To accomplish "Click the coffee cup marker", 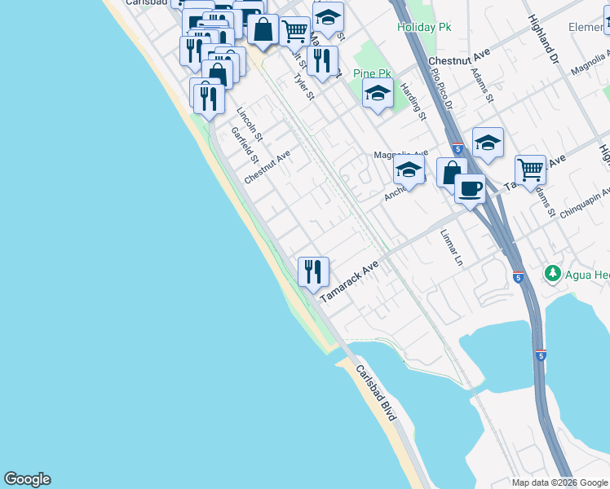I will point(470,189).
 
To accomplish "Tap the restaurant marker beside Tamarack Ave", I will point(313,271).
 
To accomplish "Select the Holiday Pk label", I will point(424,27).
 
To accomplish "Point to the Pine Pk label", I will point(373,73).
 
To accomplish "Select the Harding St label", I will point(415,102).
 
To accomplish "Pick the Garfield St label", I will point(244,144).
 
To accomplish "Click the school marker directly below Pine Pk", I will point(378,94).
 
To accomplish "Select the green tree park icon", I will point(553,273).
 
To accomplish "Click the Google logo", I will point(27,479).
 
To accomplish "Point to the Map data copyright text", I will point(560,482).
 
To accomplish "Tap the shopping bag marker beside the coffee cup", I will point(451,172).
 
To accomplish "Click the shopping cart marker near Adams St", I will point(530,170).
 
